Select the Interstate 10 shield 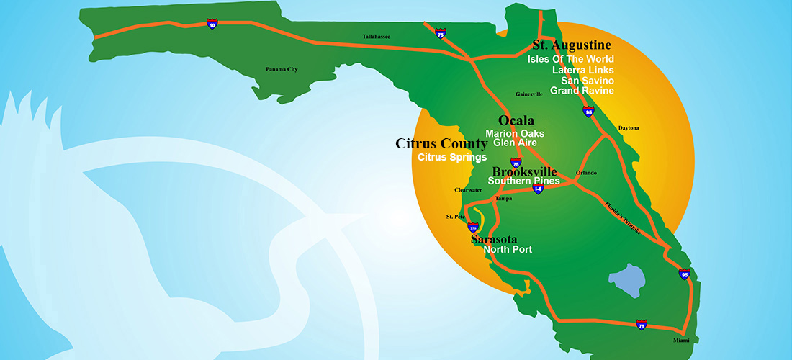click(x=211, y=24)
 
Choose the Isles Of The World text click(x=570, y=58)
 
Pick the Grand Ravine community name click(x=582, y=91)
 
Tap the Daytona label click(x=629, y=128)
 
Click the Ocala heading click(x=516, y=120)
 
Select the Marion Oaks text click(x=515, y=133)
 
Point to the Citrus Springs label click(x=452, y=157)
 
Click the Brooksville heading click(x=524, y=171)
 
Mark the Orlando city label click(x=587, y=173)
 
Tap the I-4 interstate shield click(x=538, y=189)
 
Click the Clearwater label click(x=468, y=190)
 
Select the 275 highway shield click(x=473, y=226)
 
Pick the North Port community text click(x=508, y=250)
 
